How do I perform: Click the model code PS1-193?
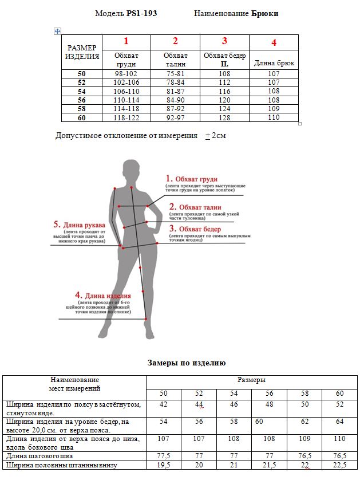click(x=141, y=13)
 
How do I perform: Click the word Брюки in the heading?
click(x=265, y=13)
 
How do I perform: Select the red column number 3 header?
click(x=224, y=41)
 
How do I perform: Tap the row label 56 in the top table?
click(x=81, y=99)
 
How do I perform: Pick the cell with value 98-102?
click(x=126, y=74)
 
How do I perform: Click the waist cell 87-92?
click(x=175, y=108)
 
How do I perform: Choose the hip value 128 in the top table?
click(x=224, y=117)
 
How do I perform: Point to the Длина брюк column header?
click(x=274, y=63)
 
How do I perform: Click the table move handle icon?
click(x=57, y=31)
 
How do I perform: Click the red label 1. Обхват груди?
click(x=192, y=179)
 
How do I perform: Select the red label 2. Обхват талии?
click(x=195, y=207)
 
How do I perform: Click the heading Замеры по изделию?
click(x=187, y=363)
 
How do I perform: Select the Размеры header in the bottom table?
click(x=251, y=380)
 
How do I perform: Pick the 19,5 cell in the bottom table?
click(x=163, y=465)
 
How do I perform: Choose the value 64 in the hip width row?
click(x=339, y=422)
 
